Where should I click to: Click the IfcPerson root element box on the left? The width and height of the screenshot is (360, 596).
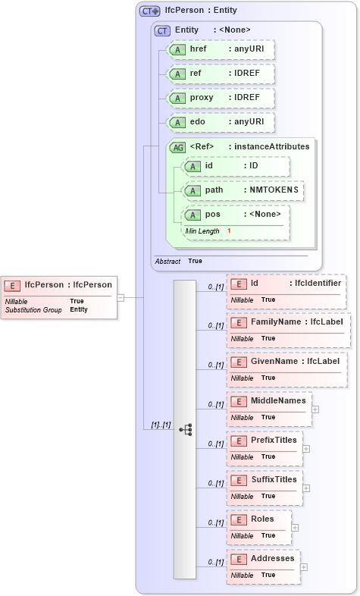pos(59,296)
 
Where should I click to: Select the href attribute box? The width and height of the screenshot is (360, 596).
pos(221,49)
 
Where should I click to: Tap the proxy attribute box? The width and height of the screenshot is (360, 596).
pos(221,98)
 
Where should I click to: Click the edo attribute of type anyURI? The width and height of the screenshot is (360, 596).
pos(221,122)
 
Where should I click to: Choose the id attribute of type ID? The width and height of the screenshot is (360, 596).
pos(236,166)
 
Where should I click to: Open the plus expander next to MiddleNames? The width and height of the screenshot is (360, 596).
pos(315,409)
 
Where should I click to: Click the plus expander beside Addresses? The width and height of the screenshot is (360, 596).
pos(303,566)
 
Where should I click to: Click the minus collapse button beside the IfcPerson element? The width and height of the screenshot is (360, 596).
pos(121,297)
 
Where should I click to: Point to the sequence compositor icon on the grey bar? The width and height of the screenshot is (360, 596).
pos(186,429)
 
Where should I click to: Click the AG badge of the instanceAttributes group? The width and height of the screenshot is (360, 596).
pos(177,147)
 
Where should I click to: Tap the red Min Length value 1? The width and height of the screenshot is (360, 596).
pos(229,231)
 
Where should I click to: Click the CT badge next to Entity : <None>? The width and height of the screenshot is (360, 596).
pos(162,30)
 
